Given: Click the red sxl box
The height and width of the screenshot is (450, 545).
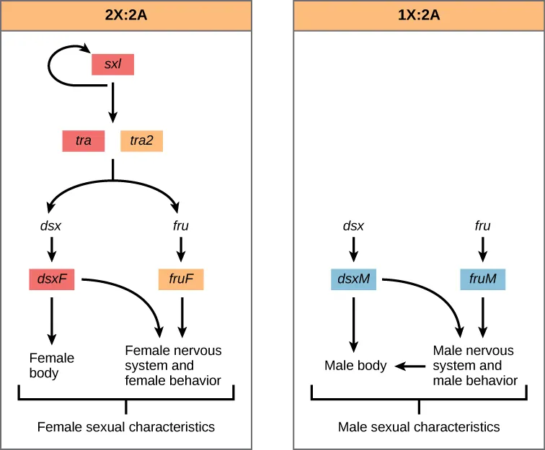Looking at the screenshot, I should (112, 65).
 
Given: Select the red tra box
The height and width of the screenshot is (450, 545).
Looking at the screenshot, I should (84, 140).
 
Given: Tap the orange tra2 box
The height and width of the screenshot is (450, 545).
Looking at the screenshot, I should (141, 140).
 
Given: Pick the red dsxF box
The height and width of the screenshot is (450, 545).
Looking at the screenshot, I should (52, 279).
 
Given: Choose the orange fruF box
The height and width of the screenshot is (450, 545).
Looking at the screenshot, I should (181, 279).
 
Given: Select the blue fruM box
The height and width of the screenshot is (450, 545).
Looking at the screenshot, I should (483, 279).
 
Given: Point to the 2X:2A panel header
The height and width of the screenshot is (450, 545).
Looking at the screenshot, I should (126, 14).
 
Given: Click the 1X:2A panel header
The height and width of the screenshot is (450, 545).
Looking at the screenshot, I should (419, 14).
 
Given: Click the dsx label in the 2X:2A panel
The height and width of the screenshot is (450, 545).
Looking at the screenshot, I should (50, 226).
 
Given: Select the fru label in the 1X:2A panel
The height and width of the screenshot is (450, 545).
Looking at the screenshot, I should (483, 226).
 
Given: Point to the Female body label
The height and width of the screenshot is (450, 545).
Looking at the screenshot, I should (51, 366).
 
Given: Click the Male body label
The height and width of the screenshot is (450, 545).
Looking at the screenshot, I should (355, 366).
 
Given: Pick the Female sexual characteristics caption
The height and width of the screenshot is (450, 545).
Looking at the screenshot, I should (126, 427).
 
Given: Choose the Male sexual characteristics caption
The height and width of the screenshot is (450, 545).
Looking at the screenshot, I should (419, 427).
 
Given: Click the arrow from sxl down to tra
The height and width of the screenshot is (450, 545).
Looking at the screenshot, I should (112, 104).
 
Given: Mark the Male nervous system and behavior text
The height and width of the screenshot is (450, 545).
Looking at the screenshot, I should (474, 366).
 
